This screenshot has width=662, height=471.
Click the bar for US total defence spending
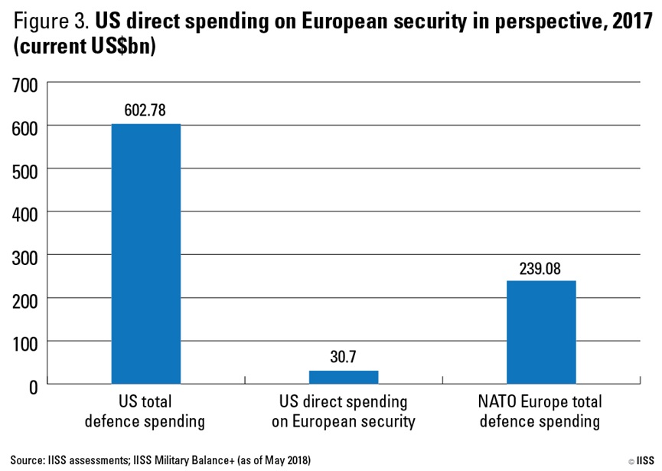146,253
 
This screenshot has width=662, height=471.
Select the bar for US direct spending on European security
344,377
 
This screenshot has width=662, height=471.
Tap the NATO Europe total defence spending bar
541,332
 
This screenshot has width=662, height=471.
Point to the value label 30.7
344,356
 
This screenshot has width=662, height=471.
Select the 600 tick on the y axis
23,127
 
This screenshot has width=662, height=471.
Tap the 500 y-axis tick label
23,170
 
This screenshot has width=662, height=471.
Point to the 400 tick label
23,213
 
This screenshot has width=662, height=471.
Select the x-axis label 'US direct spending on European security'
344,411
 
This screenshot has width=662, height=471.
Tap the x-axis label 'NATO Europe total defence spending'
541,411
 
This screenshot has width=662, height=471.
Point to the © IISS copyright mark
641,461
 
